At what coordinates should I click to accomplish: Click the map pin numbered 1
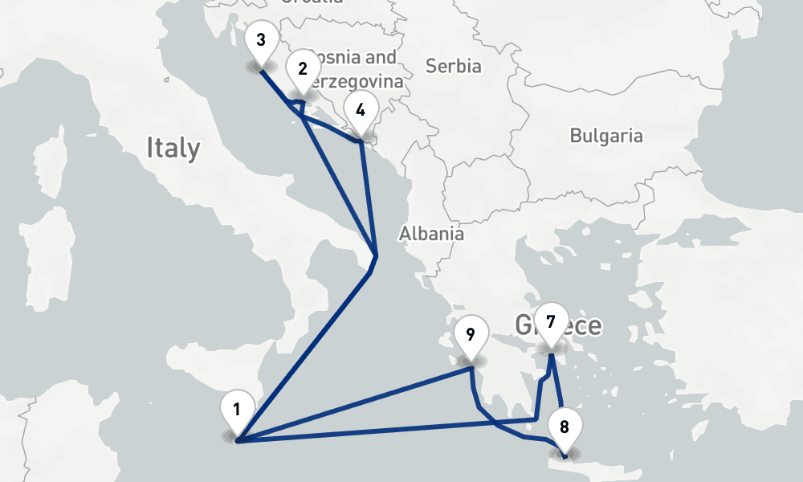click(236, 410)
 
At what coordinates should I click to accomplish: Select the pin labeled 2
click(302, 70)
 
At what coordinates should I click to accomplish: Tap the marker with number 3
click(260, 41)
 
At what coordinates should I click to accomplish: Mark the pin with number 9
click(471, 335)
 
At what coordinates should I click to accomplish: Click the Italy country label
click(173, 148)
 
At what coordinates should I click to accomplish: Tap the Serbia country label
click(453, 66)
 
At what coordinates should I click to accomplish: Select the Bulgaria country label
click(606, 135)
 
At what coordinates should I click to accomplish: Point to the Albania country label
click(431, 234)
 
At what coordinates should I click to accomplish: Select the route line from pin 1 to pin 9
click(353, 405)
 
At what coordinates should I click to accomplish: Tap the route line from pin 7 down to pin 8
click(557, 386)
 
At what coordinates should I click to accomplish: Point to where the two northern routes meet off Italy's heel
click(376, 256)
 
